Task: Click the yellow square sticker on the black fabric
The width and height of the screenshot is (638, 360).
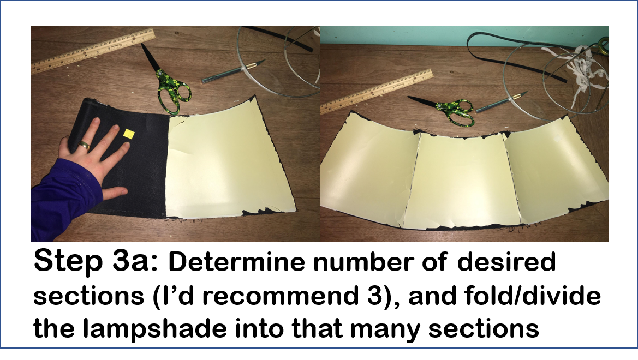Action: [x=129, y=133]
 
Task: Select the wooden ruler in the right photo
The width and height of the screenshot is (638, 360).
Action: [x=377, y=91]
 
